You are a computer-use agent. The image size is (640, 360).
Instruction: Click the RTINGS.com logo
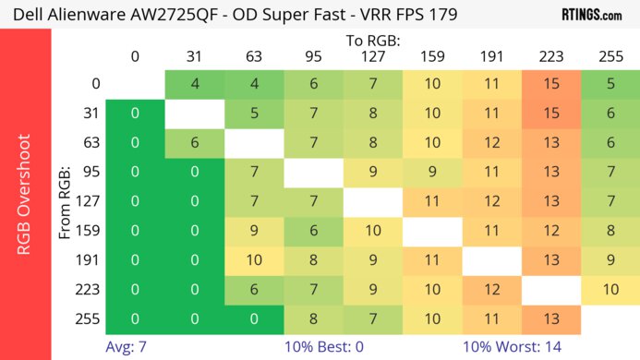[x=597, y=14]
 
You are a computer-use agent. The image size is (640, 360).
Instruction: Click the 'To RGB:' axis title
[x=372, y=41]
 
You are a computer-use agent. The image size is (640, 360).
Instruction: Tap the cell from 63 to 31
[x=195, y=144]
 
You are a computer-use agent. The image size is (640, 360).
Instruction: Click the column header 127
[x=373, y=56]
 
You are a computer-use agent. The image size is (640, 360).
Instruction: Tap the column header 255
[x=610, y=56]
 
